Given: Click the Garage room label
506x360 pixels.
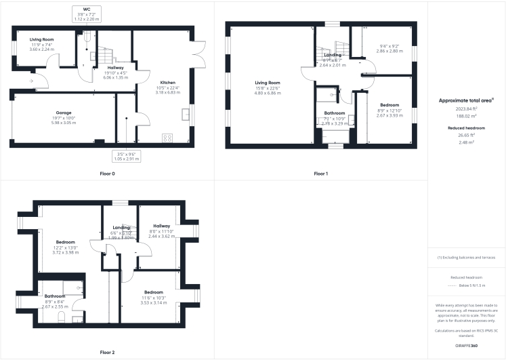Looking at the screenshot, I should click(64, 113).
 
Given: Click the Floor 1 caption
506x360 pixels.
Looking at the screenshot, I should click(320, 174).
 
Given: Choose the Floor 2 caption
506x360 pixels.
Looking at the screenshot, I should click(107, 353).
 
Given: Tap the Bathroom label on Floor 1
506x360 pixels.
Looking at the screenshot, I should click(334, 113).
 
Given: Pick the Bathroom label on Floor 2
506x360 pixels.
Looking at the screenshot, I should click(55, 296).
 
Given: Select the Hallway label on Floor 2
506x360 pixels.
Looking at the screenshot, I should click(161, 226).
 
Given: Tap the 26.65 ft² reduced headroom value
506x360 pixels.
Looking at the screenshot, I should click(467, 136).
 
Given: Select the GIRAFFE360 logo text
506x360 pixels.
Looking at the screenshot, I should click(467, 346).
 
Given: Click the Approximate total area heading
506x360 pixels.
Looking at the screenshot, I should click(465, 100).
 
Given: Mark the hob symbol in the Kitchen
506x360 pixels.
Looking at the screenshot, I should click(167, 138).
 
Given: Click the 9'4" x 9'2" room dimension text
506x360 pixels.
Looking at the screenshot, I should click(389, 46).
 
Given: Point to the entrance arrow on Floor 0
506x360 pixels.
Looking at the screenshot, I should click(31, 81).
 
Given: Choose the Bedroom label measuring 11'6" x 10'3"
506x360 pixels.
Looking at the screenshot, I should click(153, 292).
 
